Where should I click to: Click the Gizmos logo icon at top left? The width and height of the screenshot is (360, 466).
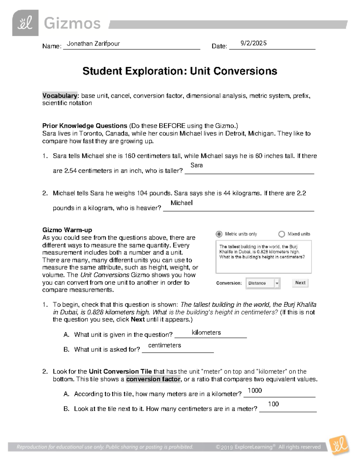coord(25,23)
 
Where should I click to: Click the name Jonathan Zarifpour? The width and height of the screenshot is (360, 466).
coord(93,44)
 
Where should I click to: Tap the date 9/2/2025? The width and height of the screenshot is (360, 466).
coord(253,43)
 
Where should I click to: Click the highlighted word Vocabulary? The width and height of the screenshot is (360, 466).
coord(60,96)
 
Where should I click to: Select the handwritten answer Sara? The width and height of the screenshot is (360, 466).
coord(196,165)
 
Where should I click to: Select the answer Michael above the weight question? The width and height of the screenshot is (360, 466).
coord(181,203)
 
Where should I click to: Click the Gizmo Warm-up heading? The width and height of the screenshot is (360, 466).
coord(67,230)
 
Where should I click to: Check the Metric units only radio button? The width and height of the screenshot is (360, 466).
coord(219,234)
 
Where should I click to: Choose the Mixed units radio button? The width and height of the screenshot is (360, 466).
coord(281,234)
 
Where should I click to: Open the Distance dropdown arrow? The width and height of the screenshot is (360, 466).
coord(277,283)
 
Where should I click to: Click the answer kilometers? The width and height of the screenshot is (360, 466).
coord(206,332)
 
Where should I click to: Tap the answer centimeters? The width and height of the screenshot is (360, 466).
coord(164,345)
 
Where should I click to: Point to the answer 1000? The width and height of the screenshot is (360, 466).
coord(255,390)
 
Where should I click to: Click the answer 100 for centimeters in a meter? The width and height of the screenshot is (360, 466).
coord(273,404)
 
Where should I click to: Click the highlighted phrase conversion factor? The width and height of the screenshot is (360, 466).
coord(153,379)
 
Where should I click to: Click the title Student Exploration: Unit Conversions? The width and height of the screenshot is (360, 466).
coord(180,71)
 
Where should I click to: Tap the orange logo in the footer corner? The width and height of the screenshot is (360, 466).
coord(339,445)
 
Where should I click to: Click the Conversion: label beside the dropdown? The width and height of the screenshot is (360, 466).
coord(229,283)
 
